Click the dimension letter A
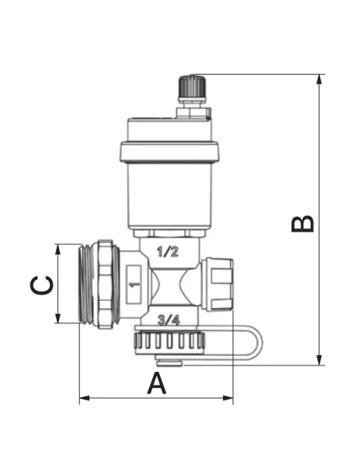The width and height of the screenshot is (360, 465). click(x=157, y=384)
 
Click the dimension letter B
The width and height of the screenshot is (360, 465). click(x=303, y=223)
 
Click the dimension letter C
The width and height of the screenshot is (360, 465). click(x=41, y=286)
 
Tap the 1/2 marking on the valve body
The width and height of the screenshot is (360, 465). click(x=168, y=252)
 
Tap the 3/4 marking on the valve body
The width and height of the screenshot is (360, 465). click(x=169, y=320)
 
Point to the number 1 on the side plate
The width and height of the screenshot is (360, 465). click(x=135, y=285)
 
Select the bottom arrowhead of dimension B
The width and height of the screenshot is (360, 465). click(x=319, y=360)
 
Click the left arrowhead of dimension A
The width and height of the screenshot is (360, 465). click(x=84, y=398)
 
